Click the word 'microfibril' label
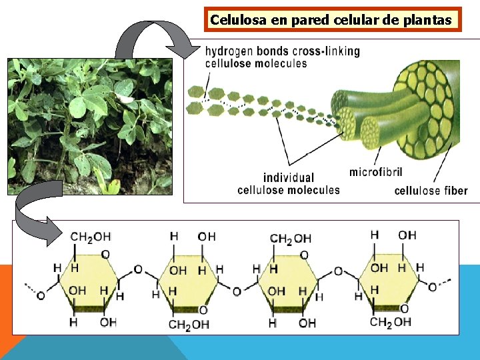pyautogui.click(x=375, y=172)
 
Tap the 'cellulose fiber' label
pyautogui.click(x=431, y=191)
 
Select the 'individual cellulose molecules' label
pyautogui.click(x=288, y=183)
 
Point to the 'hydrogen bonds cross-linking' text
pyautogui.click(x=282, y=51)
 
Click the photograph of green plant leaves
pyautogui.click(x=90, y=127)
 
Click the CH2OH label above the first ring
pyautogui.click(x=90, y=237)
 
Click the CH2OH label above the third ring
pyautogui.click(x=290, y=238)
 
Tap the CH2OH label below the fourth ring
pyautogui.click(x=391, y=323)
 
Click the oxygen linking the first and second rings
pyautogui.click(x=138, y=269)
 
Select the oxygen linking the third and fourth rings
pyautogui.click(x=338, y=271)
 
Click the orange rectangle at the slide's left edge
pyautogui.click(x=5, y=300)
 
